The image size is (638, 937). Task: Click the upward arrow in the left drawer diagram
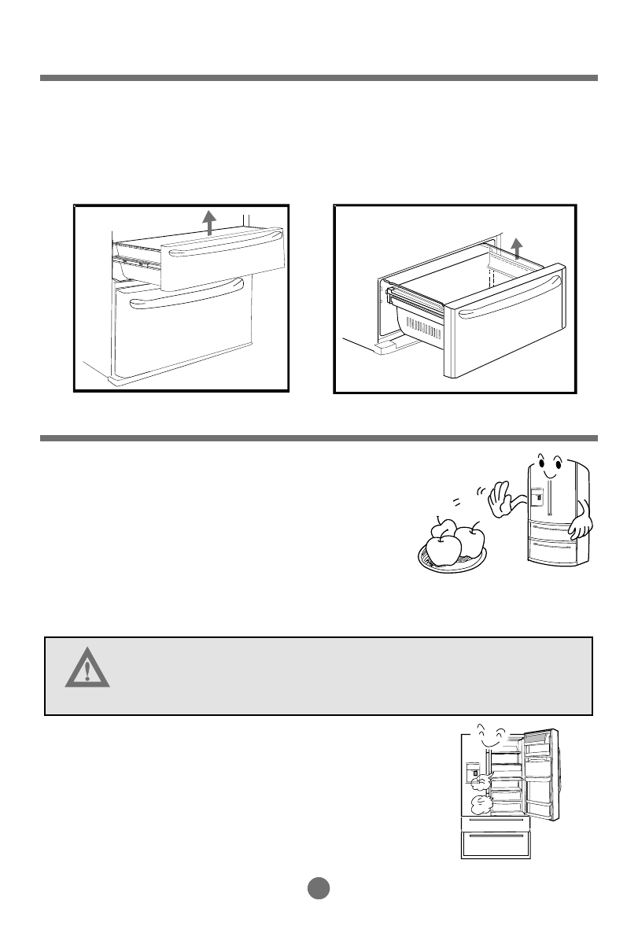209,222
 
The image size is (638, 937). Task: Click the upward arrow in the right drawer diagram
515,247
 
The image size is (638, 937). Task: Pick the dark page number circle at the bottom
318,887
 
